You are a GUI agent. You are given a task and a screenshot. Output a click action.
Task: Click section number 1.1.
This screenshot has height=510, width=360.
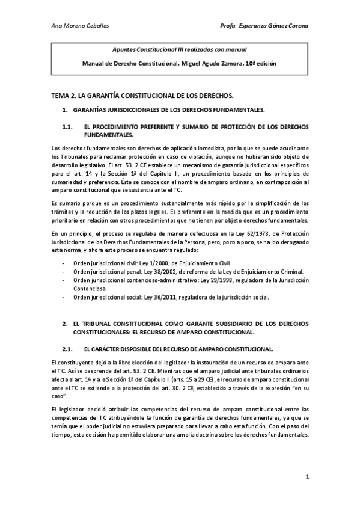point(68,127)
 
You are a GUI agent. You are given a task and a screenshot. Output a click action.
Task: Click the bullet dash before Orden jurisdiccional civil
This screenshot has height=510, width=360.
point(64,263)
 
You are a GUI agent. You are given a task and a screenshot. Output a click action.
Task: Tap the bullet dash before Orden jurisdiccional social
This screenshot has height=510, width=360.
point(64,297)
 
